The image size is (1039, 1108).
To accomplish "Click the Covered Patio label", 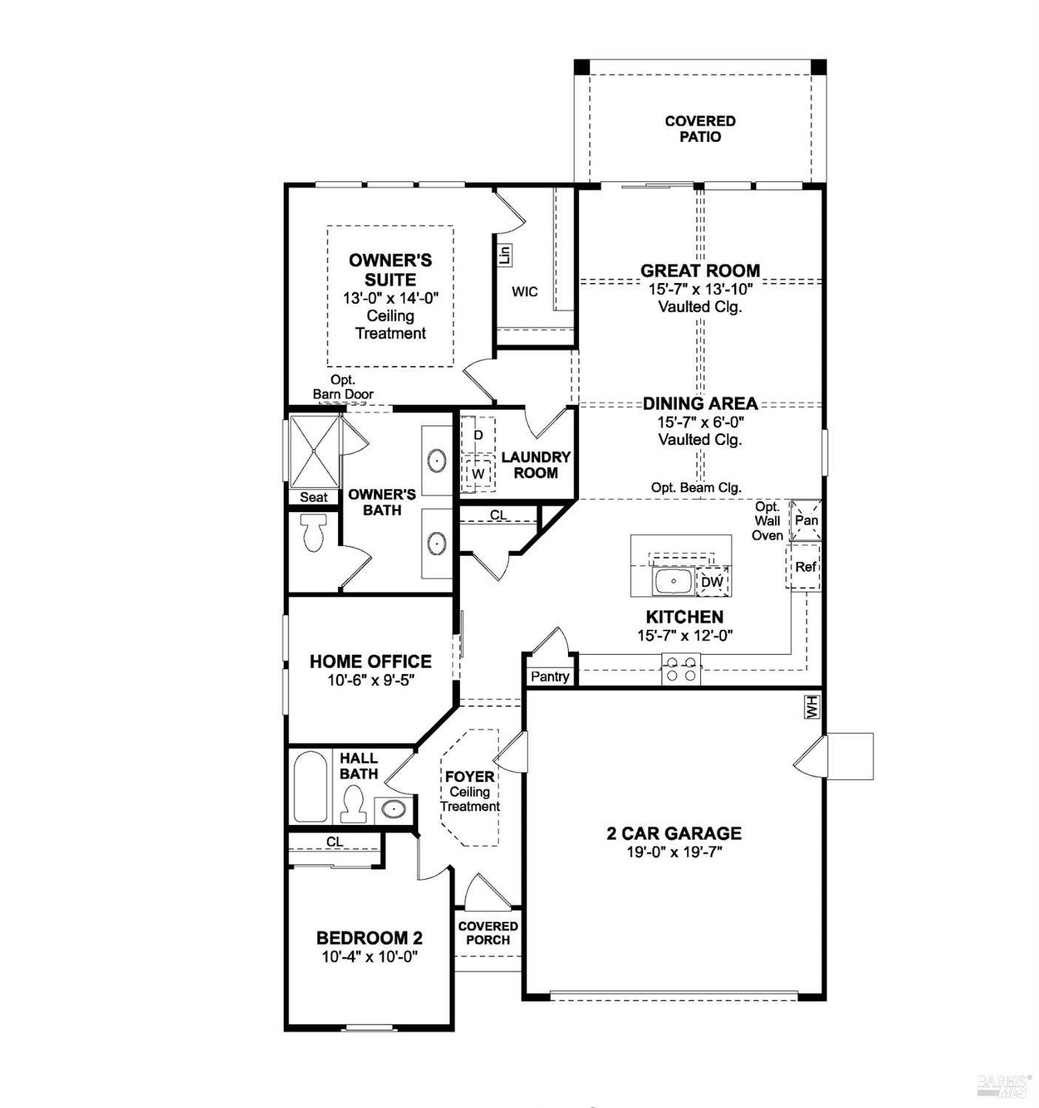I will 700,129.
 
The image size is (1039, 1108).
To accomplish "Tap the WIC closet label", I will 524,292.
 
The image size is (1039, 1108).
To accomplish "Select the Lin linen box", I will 505,256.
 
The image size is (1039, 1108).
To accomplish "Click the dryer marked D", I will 478,435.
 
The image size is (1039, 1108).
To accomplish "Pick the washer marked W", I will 478,473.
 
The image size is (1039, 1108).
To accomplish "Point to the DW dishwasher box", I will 712,582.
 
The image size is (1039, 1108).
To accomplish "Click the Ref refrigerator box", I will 805,567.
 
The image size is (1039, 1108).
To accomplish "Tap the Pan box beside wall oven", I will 806,520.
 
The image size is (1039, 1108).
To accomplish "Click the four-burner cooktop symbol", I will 681,669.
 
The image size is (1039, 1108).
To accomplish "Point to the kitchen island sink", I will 673,582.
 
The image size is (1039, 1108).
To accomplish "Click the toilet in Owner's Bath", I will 314,533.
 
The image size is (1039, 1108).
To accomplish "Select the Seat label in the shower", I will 314,497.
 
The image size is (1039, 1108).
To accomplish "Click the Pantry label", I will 550,676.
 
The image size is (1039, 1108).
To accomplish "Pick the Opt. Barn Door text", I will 343,387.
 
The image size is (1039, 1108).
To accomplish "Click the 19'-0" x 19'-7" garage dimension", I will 674,852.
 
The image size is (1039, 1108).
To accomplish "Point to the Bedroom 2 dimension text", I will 370,956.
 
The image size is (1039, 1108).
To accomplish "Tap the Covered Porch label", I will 488,933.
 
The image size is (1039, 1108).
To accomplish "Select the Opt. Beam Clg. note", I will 696,488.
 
